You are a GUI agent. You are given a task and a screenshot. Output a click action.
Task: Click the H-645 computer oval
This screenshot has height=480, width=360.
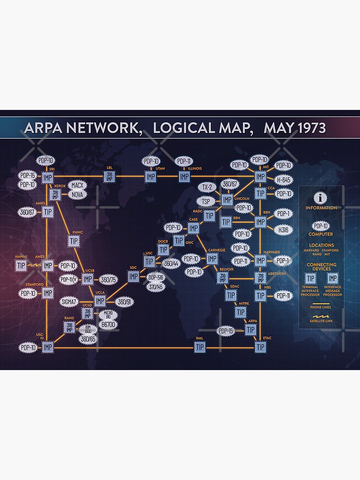283,180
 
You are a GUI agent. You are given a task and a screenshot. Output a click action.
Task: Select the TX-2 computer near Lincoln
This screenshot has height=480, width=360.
207,187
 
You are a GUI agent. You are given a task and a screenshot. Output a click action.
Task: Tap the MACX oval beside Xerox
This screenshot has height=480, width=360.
78,185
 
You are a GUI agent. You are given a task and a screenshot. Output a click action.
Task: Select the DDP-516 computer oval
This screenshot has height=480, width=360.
156,278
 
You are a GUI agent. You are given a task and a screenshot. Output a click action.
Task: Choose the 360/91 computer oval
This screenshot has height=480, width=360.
126,301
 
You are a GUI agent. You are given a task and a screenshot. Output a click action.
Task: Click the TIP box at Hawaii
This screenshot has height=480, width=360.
21,265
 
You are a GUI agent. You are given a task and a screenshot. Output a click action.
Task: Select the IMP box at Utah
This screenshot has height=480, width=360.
151,177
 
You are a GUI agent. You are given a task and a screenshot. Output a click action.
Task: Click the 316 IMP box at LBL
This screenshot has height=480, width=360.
109,177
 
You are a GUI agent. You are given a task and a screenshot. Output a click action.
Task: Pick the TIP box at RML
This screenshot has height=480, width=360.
200,347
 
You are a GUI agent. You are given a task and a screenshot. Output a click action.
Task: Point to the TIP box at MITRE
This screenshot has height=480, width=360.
240,312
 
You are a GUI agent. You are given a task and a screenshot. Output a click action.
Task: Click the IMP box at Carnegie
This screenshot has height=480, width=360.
212,259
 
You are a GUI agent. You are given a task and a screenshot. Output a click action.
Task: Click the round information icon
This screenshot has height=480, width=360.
321,198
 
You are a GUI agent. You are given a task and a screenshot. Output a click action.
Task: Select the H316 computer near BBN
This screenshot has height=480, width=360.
283,229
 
